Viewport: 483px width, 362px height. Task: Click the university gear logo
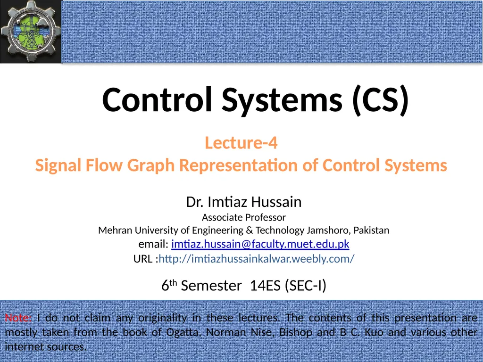click(x=31, y=31)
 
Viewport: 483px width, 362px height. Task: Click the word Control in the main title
click(x=157, y=100)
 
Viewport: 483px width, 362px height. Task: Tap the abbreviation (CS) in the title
click(x=381, y=100)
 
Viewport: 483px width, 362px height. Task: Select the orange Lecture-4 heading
click(x=241, y=143)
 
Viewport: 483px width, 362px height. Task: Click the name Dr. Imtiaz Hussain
click(x=244, y=202)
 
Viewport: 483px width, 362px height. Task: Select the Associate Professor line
click(x=244, y=218)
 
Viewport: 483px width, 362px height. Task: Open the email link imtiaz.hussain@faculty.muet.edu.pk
click(x=260, y=244)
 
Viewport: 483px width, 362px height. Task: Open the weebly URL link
click(x=257, y=259)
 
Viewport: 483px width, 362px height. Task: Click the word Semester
click(x=211, y=286)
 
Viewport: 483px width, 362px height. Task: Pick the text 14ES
click(x=265, y=286)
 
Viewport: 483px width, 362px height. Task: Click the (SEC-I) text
click(x=306, y=286)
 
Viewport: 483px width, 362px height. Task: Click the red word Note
click(x=18, y=318)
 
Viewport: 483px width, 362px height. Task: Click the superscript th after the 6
click(x=173, y=282)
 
